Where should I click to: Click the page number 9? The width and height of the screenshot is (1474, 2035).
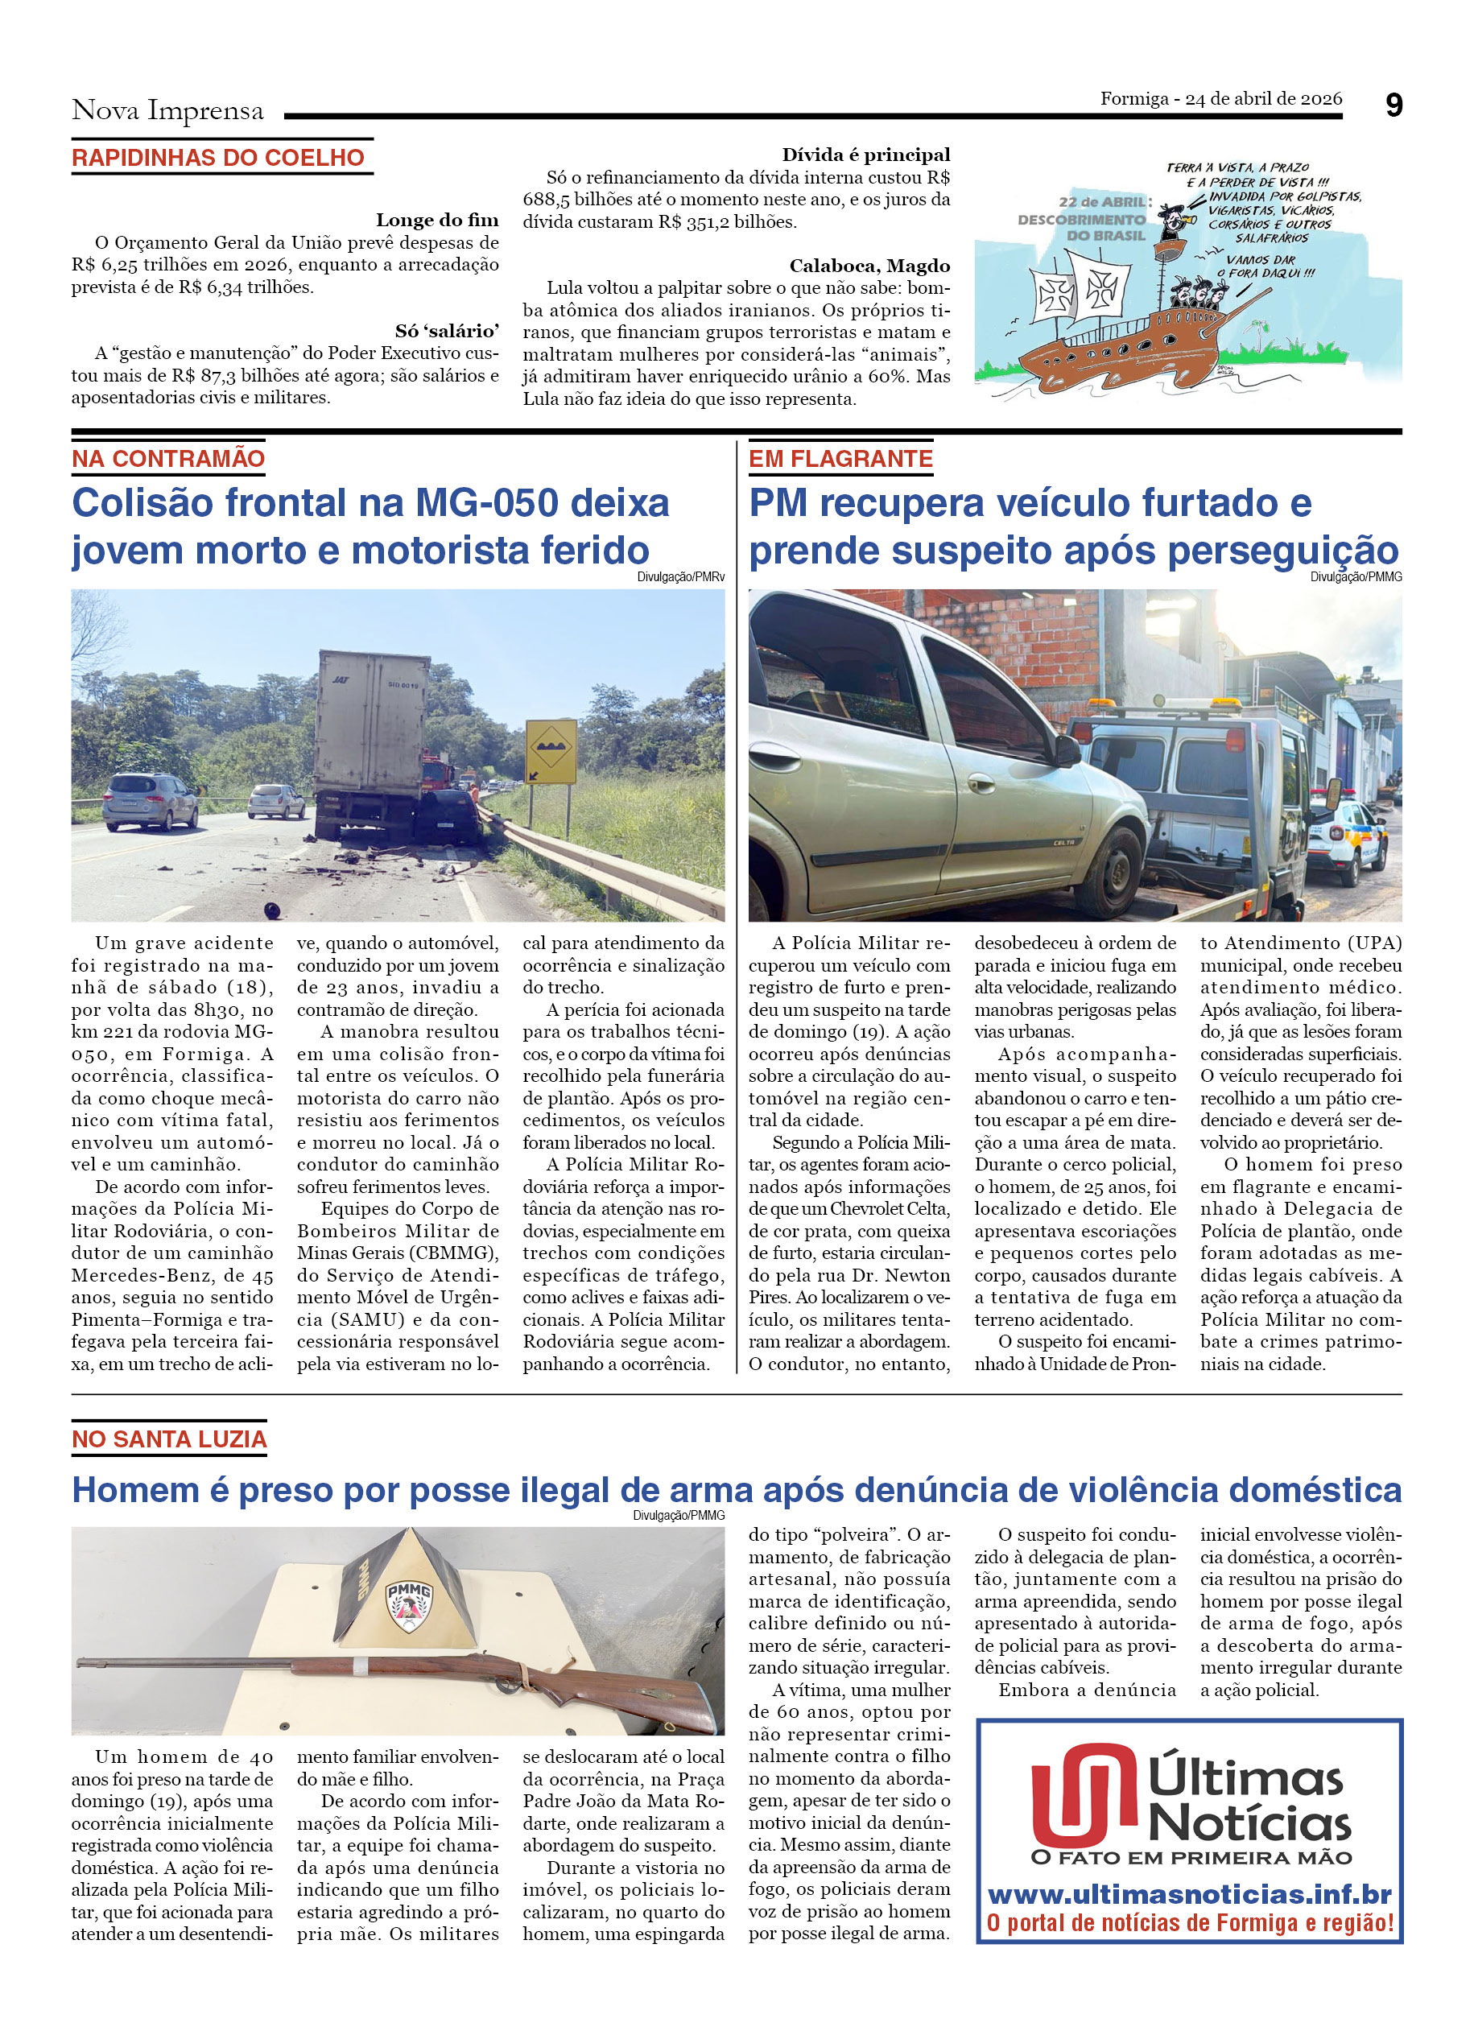(x=1393, y=106)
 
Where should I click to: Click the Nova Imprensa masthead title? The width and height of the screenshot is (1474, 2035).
(x=167, y=110)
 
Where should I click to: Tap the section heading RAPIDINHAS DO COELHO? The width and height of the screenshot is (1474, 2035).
(x=218, y=158)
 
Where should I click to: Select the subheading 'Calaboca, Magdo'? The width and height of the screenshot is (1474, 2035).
(x=869, y=266)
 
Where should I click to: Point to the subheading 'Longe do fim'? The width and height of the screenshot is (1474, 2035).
(x=437, y=220)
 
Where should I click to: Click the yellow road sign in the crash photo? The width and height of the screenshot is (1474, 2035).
(x=551, y=751)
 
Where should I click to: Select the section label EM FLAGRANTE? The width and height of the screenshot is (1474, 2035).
(x=840, y=459)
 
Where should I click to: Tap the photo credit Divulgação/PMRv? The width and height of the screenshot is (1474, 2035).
(x=680, y=577)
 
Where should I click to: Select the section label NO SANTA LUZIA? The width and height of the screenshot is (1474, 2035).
(x=169, y=1439)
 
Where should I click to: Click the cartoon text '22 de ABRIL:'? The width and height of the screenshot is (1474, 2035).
(x=1104, y=202)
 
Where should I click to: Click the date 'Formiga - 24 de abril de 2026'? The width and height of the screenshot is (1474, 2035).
(x=1220, y=99)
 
